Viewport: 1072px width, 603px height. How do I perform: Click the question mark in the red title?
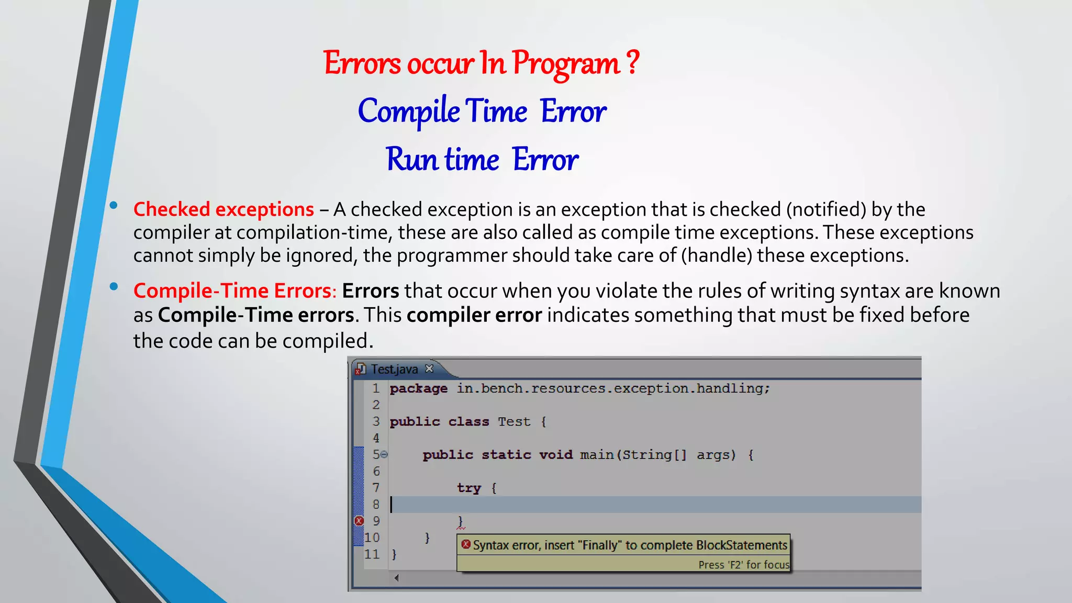pos(632,63)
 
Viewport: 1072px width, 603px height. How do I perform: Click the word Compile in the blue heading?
pos(409,111)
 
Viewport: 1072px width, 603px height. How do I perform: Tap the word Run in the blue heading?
pos(411,159)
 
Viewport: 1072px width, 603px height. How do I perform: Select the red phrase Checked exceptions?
pos(224,209)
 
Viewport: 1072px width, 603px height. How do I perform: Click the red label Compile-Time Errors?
pos(235,291)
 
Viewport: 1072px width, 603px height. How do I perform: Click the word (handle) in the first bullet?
pos(717,255)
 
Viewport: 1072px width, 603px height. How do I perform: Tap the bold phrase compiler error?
pos(474,315)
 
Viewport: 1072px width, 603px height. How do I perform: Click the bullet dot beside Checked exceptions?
pos(114,206)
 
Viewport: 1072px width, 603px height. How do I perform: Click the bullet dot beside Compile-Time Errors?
pos(114,286)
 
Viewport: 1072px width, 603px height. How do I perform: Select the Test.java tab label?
pos(394,370)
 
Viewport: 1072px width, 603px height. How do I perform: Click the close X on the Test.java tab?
pos(429,368)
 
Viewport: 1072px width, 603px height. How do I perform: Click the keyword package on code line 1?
pos(418,388)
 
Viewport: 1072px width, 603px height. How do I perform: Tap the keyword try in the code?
pos(468,488)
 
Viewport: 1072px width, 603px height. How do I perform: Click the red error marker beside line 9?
pos(359,521)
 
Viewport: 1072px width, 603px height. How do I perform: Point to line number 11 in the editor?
pos(372,554)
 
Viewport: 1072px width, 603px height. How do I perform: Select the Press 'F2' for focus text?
pos(743,565)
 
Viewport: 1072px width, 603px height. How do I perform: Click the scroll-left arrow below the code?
pos(397,578)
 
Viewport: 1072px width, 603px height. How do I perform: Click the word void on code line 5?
pos(555,455)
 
